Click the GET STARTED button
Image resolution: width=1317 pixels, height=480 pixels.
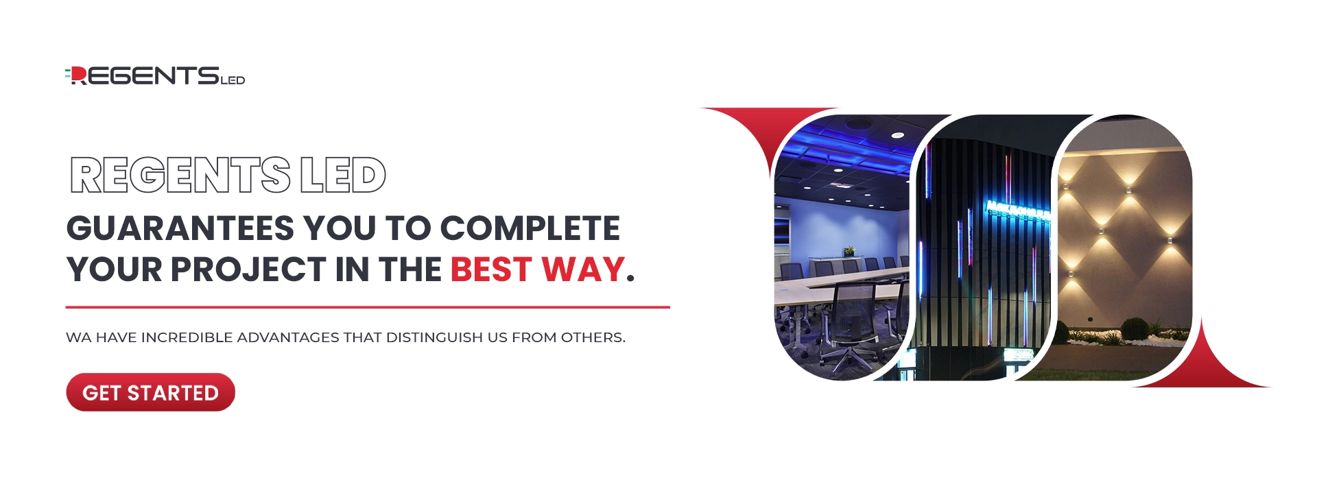coord(150,392)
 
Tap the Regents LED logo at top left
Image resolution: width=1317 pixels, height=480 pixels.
coord(155,75)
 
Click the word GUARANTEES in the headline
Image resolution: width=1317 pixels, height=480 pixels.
coord(180,228)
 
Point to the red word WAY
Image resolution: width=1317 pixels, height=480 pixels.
coord(583,269)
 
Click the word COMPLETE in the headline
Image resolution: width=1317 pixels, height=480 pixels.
coord(530,228)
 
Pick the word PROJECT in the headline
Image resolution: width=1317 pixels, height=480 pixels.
coord(248,269)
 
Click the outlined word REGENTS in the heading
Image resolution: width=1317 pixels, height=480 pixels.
coord(180,175)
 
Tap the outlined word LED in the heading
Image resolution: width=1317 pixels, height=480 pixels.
coord(343,175)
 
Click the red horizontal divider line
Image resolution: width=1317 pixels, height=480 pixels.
coord(368,307)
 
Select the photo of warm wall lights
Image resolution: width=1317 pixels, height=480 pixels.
coord(1125,247)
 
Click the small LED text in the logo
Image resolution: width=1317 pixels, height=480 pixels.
coord(233,80)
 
